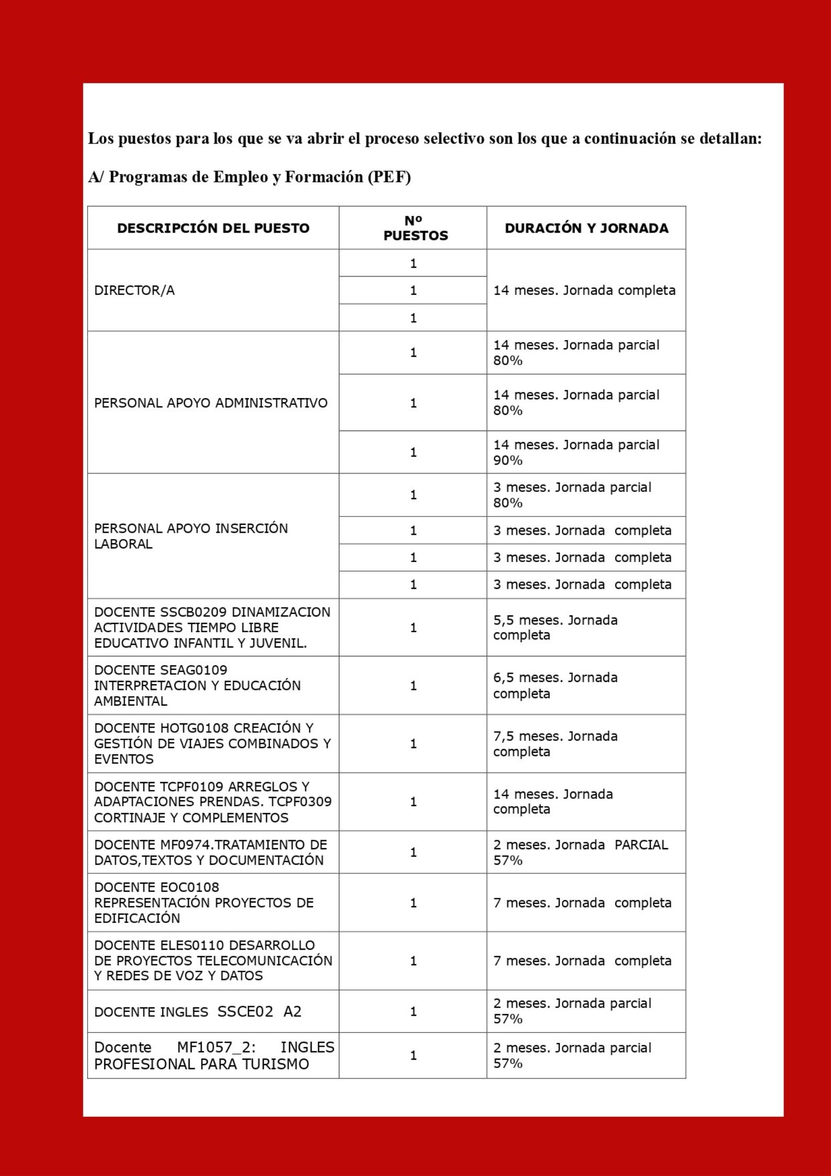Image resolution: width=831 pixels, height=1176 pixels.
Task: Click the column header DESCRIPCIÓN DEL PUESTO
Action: tap(213, 228)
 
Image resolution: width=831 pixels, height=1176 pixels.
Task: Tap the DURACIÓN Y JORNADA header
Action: tap(586, 228)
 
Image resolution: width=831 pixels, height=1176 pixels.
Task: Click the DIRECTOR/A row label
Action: tap(134, 290)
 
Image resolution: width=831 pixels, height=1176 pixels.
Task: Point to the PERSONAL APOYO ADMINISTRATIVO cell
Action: tap(210, 403)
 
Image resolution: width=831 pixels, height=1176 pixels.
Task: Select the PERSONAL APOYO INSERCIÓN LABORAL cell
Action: tap(191, 536)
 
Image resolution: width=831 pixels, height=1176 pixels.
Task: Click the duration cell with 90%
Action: tap(576, 452)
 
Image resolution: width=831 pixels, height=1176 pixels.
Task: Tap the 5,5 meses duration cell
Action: tap(555, 628)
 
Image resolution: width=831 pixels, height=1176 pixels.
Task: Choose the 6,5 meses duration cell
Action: tap(555, 685)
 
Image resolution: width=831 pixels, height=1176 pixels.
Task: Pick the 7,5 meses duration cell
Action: tap(555, 744)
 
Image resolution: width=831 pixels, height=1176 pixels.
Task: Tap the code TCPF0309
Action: tap(300, 802)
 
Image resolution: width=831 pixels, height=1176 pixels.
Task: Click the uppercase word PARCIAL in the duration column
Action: tap(641, 845)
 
